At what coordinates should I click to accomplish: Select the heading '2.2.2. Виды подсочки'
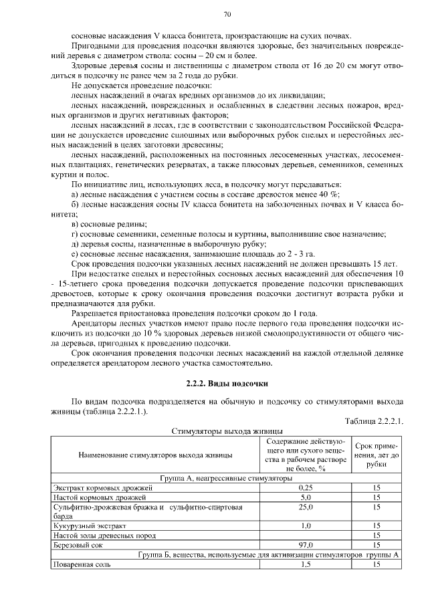pos(227,383)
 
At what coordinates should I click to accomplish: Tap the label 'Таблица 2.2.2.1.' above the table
pos(374,421)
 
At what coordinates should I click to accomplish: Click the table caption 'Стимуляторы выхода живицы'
pos(227,431)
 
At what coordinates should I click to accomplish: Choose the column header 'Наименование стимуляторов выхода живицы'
pos(155,455)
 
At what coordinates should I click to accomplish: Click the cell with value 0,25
pos(306,488)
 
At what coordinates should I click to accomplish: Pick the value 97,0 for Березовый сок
pos(306,546)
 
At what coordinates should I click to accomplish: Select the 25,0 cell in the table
pos(306,507)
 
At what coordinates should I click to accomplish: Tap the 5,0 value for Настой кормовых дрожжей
pos(306,497)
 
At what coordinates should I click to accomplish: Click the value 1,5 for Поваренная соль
pos(306,565)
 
